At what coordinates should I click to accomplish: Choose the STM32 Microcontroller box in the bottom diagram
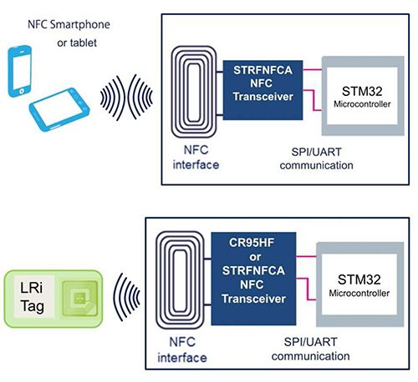pos(364,288)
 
